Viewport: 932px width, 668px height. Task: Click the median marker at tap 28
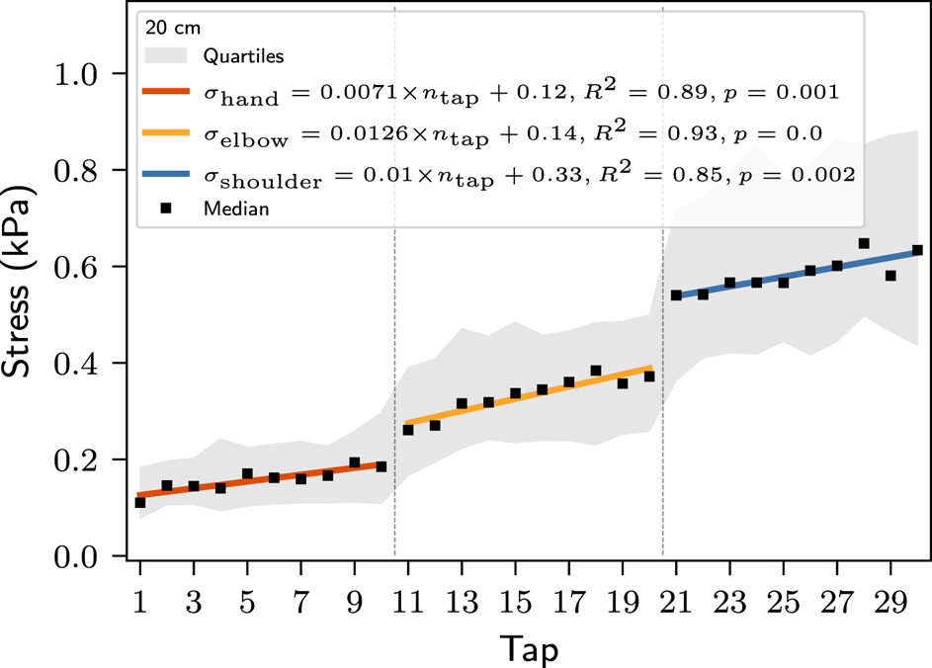pyautogui.click(x=864, y=243)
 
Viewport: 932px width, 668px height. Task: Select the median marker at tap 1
pyautogui.click(x=140, y=503)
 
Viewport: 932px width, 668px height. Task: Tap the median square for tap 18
pyautogui.click(x=596, y=372)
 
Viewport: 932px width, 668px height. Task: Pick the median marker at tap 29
pyautogui.click(x=890, y=276)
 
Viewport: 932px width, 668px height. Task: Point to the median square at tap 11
pyautogui.click(x=408, y=430)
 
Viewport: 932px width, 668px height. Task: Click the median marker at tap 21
pyautogui.click(x=676, y=295)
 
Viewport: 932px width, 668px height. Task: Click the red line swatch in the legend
pyautogui.click(x=167, y=93)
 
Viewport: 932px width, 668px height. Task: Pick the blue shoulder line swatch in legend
pyautogui.click(x=167, y=174)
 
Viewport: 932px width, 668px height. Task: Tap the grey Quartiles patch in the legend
pyautogui.click(x=167, y=54)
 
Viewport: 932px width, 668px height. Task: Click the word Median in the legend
pyautogui.click(x=236, y=209)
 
